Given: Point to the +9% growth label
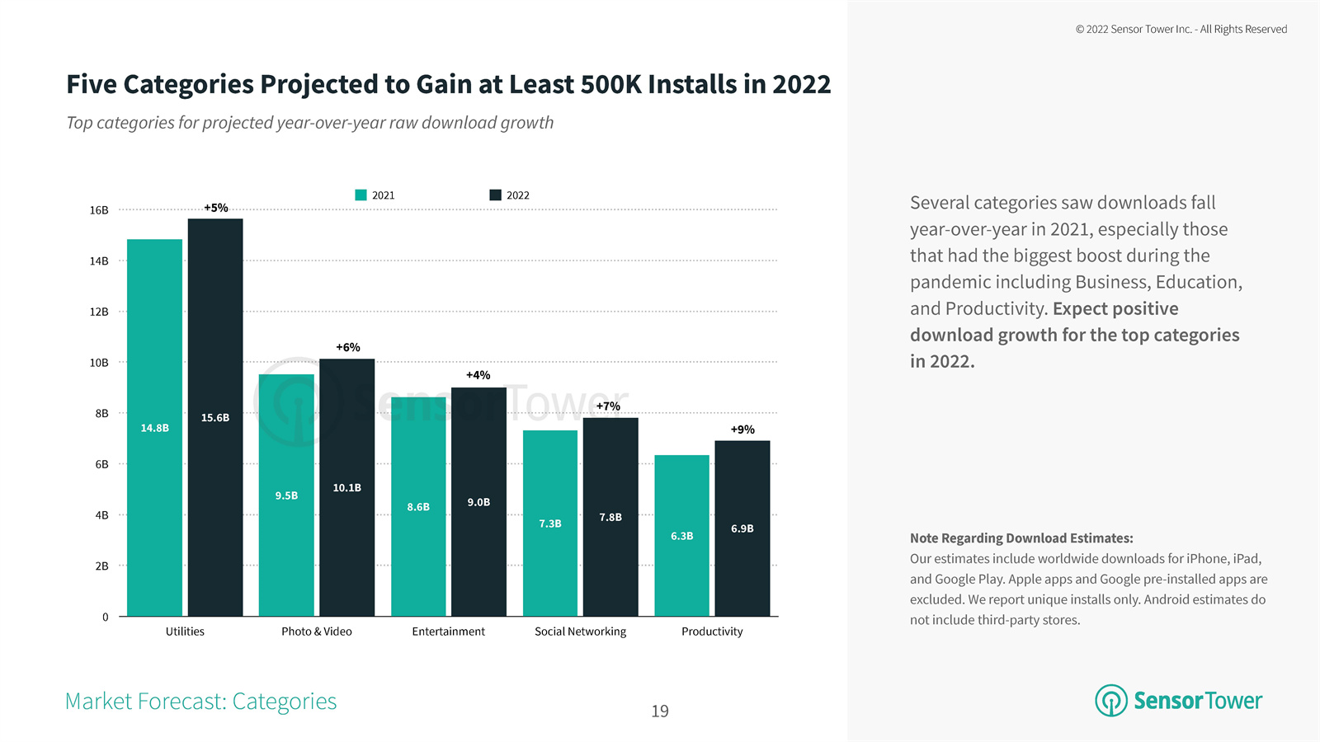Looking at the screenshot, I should [742, 430].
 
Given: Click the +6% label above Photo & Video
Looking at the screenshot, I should [347, 347].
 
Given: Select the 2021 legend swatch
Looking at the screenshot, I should [361, 195].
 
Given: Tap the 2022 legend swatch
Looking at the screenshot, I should [495, 195].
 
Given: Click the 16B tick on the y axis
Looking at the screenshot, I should [99, 210].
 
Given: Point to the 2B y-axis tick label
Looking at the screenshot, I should [101, 566].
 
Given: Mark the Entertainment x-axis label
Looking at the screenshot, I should [448, 632].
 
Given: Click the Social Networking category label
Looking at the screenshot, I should [580, 632].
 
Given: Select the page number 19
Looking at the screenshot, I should [660, 711].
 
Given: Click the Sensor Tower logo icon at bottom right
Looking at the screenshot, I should [1110, 701].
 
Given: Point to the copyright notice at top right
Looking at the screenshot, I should [1181, 29].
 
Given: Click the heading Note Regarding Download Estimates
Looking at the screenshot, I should [1021, 538].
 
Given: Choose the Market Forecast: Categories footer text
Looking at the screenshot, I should [200, 702].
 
